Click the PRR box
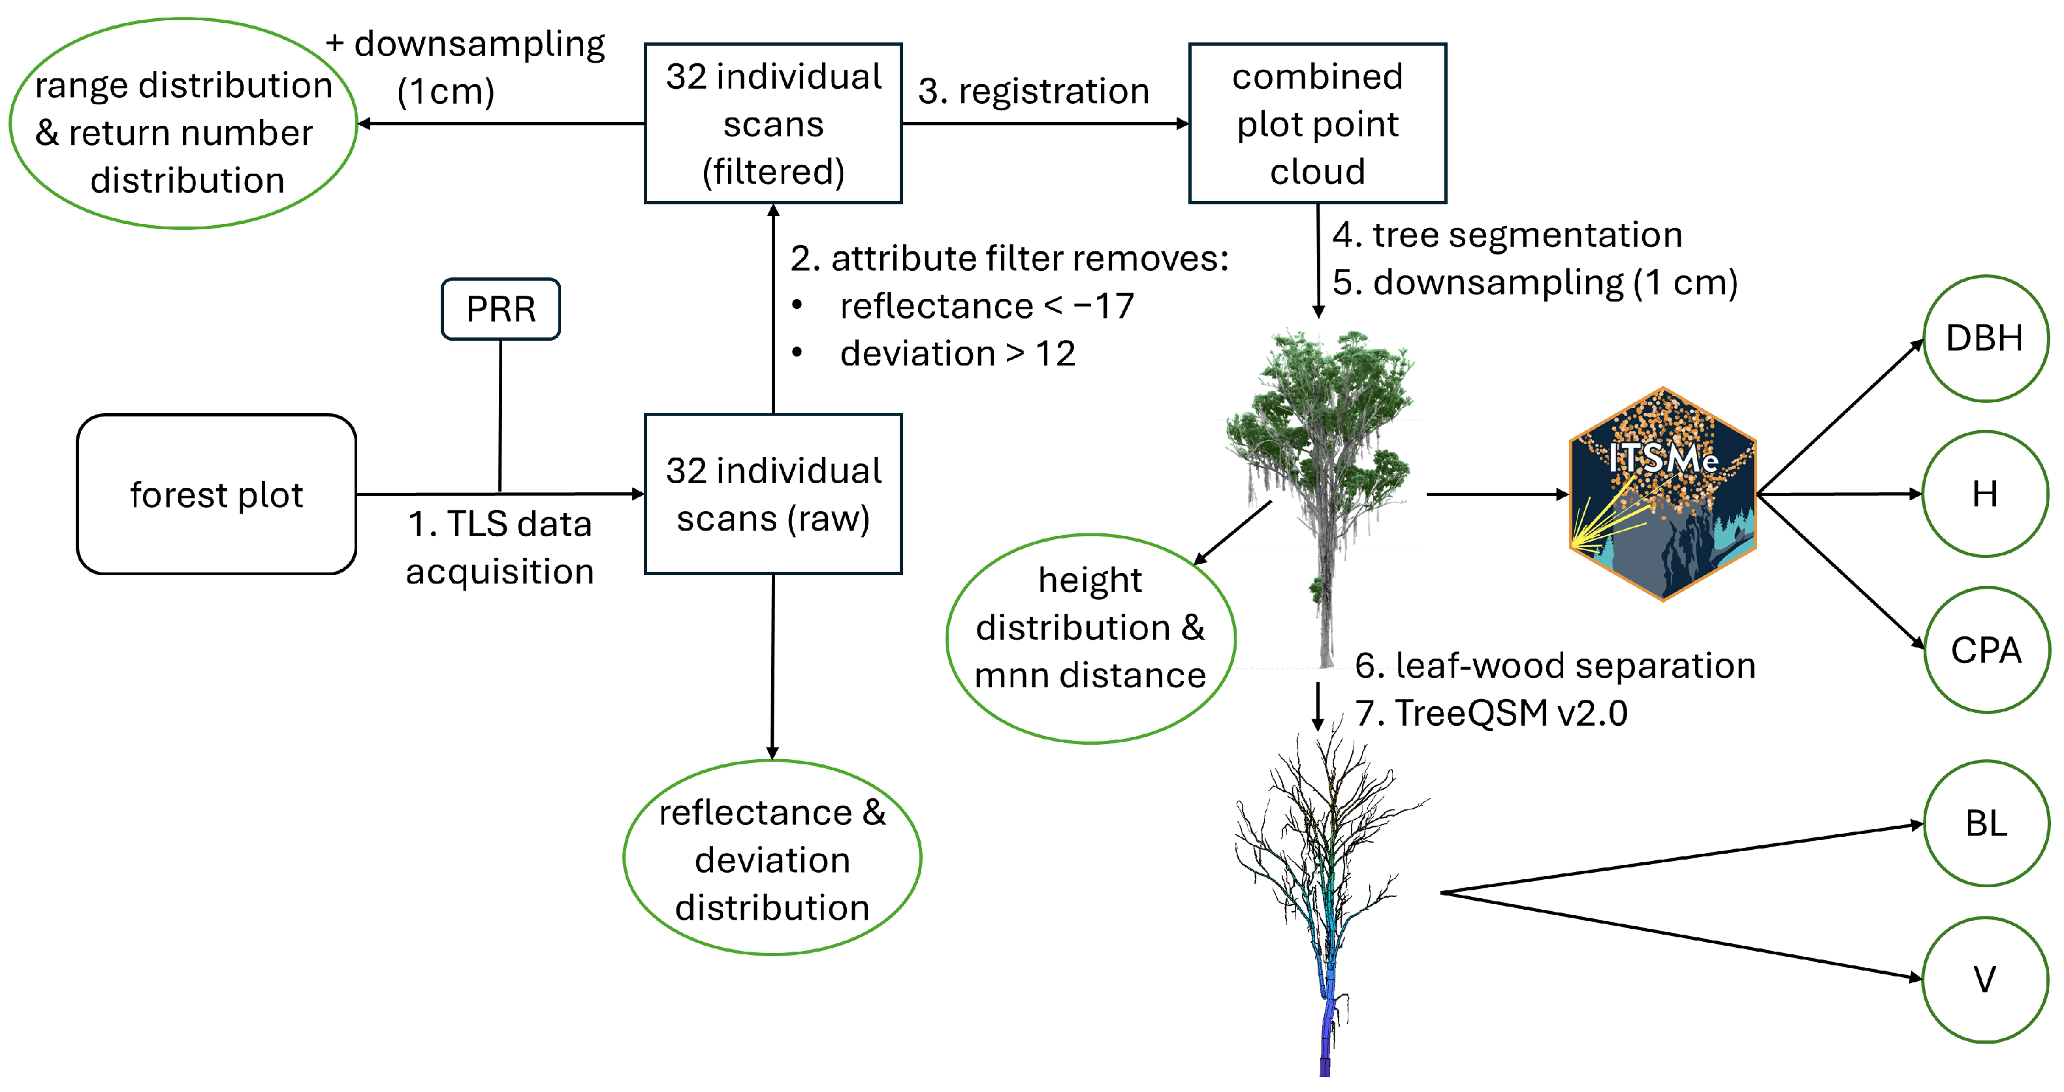point(501,309)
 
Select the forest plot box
point(216,494)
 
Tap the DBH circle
point(1985,338)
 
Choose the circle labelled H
point(1985,494)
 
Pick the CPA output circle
point(1986,649)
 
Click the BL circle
point(1986,824)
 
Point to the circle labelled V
point(1985,979)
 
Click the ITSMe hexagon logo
point(1662,494)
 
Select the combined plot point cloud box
point(1317,123)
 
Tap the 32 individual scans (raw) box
point(773,494)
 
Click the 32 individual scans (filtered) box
point(773,123)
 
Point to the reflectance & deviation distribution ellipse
point(772,858)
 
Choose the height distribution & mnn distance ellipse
point(1090,638)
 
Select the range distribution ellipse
point(183,124)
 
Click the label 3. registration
point(1034,91)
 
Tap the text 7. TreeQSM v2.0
point(1491,713)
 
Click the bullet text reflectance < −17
point(987,306)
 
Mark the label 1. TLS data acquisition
point(500,547)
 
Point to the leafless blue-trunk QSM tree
point(1326,889)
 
